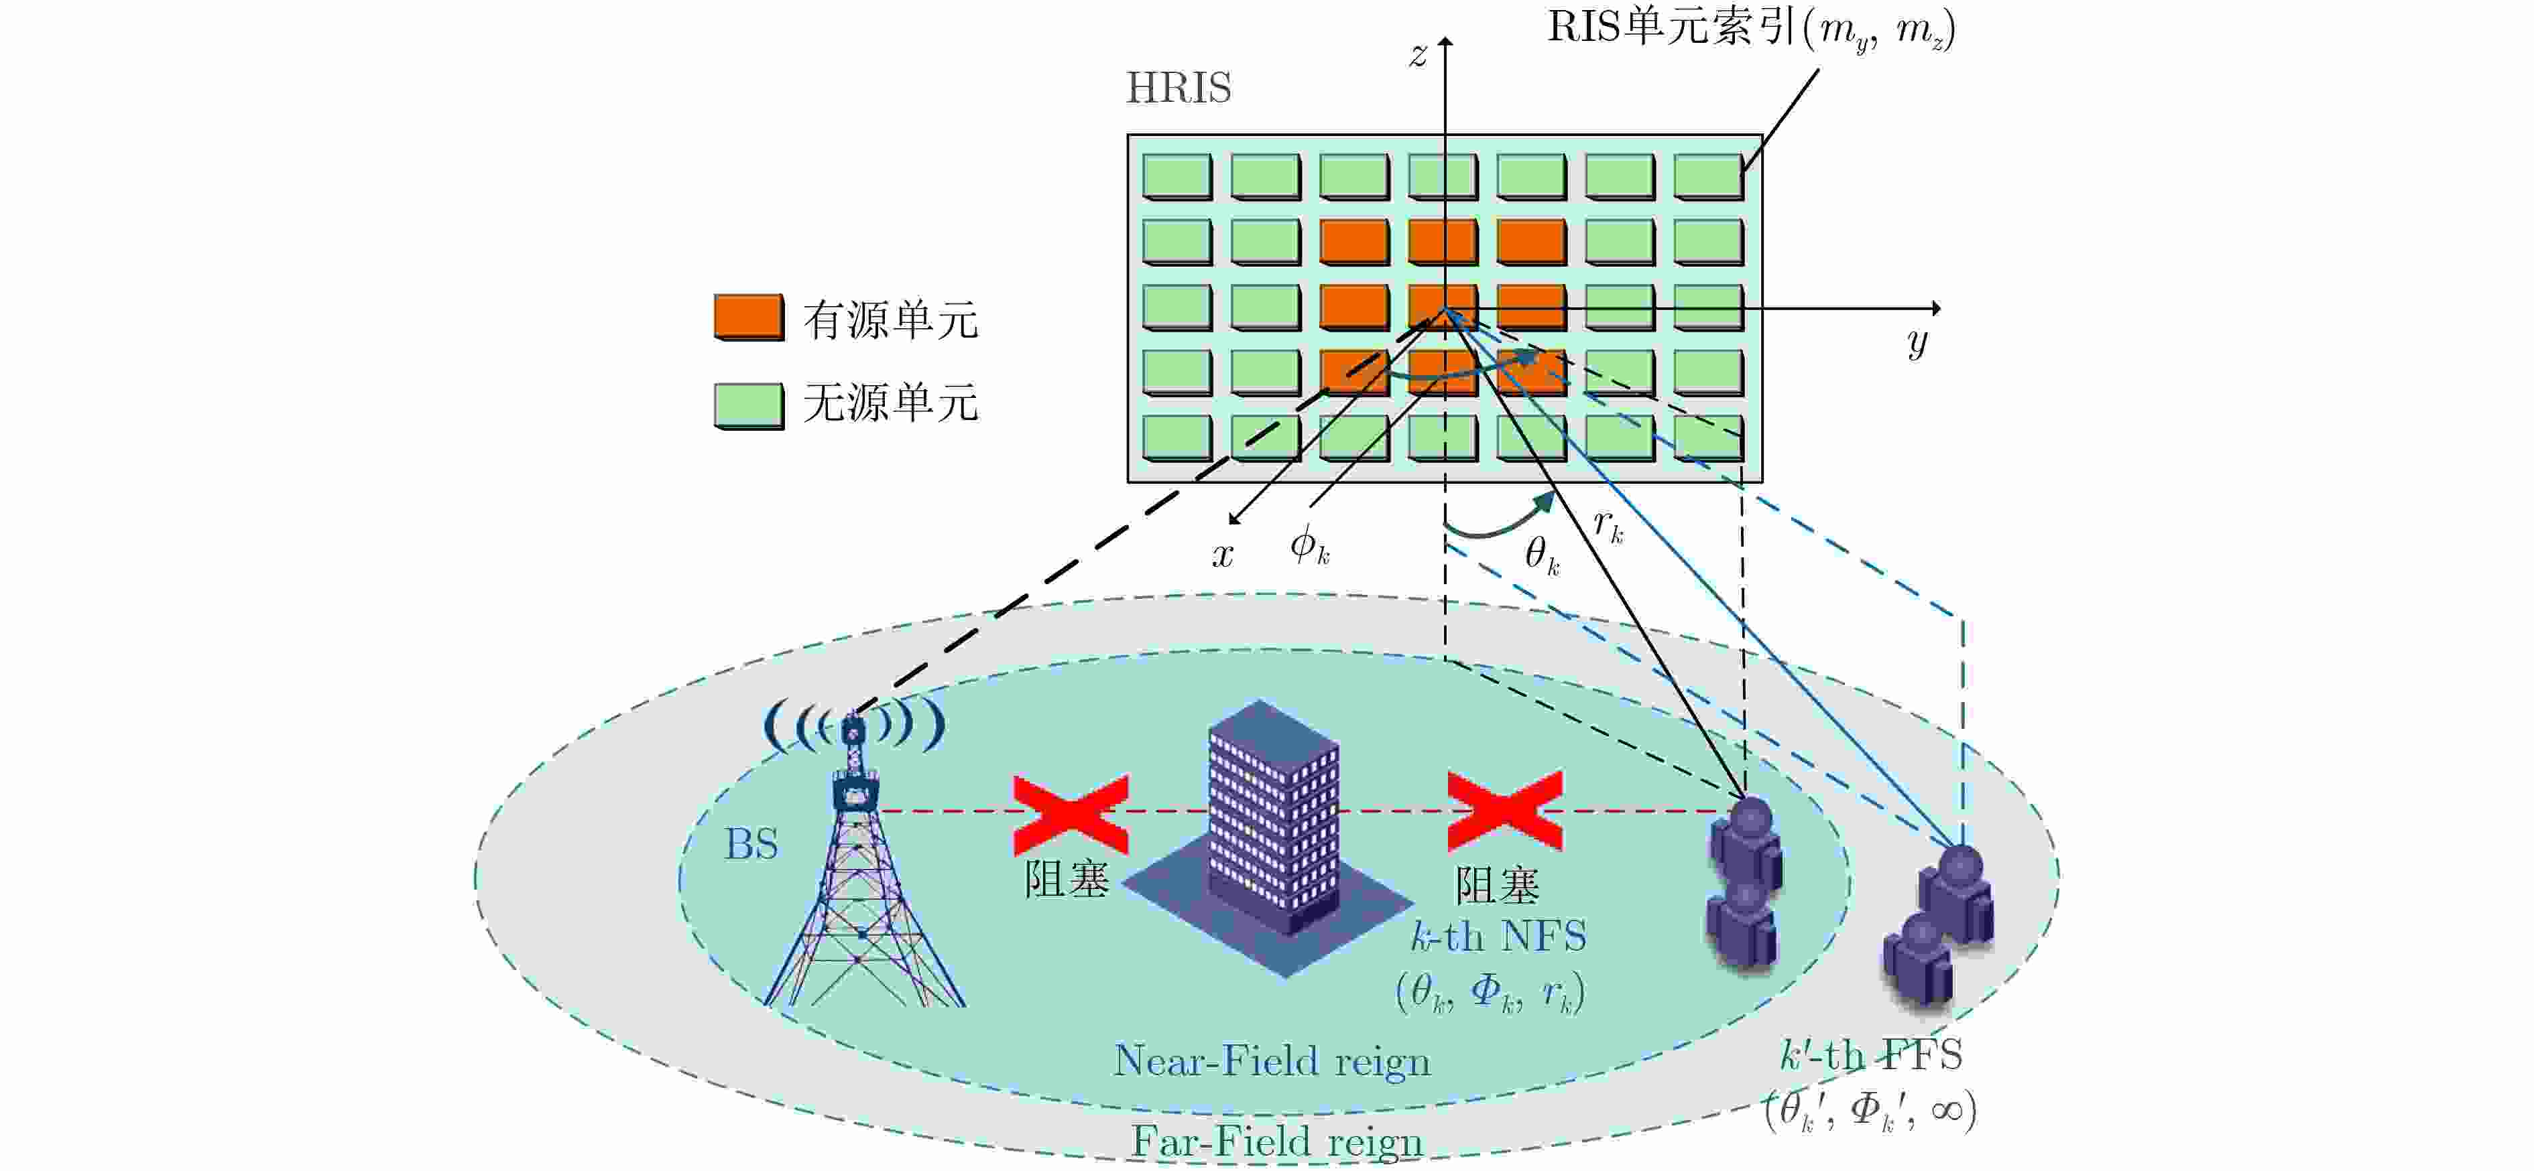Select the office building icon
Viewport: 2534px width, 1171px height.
tap(1273, 826)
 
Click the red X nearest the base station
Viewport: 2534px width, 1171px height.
tap(1071, 813)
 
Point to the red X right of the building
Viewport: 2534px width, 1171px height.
tap(1504, 811)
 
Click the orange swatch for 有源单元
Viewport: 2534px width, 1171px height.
tap(749, 317)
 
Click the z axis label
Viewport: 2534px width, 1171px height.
tap(1418, 55)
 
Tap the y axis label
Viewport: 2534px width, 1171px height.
tap(1916, 342)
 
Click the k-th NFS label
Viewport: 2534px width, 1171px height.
tap(1498, 936)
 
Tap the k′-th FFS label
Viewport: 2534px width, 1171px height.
tap(1871, 1055)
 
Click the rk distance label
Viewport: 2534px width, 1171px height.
tap(1608, 526)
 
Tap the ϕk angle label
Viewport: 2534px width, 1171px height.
tap(1309, 544)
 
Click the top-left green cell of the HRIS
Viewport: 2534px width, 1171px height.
tap(1176, 177)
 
